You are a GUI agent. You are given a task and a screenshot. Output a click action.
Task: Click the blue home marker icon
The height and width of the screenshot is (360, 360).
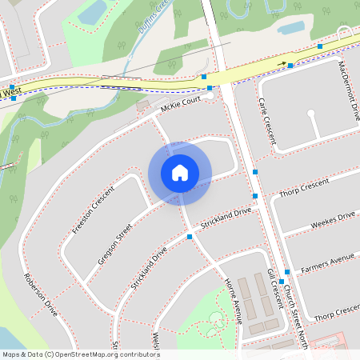coord(180,173)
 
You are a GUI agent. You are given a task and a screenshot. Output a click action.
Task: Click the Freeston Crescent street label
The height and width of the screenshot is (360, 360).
coord(93,210)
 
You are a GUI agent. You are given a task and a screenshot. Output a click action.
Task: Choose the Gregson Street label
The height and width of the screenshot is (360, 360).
coord(114,244)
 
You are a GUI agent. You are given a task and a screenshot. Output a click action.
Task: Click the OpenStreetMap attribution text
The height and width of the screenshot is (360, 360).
coord(81,354)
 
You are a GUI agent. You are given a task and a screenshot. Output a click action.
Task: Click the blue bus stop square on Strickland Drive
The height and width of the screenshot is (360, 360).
coord(190,237)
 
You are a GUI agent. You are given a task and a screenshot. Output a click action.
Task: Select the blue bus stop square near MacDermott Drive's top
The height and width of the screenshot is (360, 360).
coord(320,47)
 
